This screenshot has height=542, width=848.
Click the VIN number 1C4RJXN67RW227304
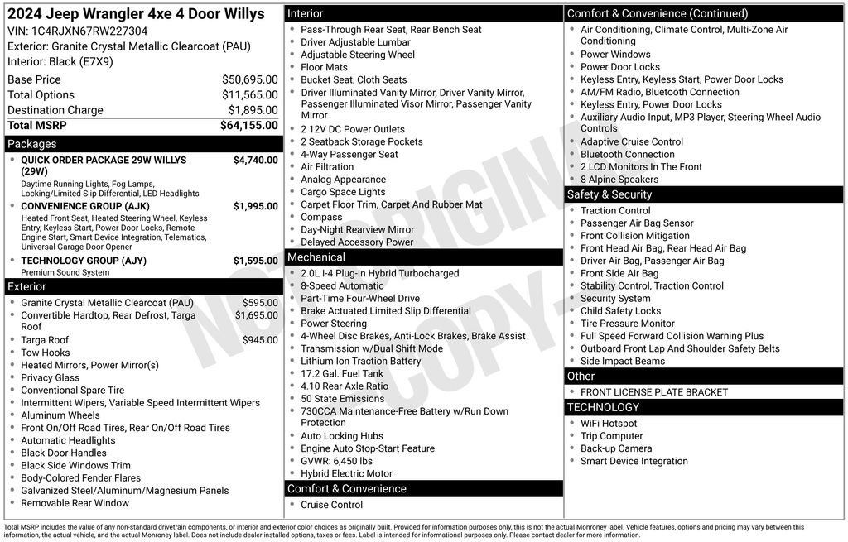pyautogui.click(x=90, y=31)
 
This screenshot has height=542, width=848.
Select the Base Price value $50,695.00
pyautogui.click(x=249, y=79)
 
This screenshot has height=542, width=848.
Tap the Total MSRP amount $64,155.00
pyautogui.click(x=248, y=125)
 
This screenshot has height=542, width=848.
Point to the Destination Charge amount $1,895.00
pyautogui.click(x=253, y=110)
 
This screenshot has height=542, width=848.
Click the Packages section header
pyautogui.click(x=32, y=144)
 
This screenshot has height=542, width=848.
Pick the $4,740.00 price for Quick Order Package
pyautogui.click(x=255, y=160)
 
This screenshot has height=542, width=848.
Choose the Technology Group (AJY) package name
pyautogui.click(x=84, y=261)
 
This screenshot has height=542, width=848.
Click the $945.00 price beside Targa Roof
pyautogui.click(x=260, y=340)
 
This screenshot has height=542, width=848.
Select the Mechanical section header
pyautogui.click(x=316, y=257)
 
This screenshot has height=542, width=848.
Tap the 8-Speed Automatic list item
pyautogui.click(x=342, y=286)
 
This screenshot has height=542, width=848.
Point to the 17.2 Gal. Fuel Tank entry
pyautogui.click(x=342, y=374)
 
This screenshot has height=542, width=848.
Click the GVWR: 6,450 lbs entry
pyautogui.click(x=336, y=461)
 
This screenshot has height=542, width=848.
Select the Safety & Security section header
pyautogui.click(x=609, y=194)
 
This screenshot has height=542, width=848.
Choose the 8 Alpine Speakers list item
pyautogui.click(x=619, y=180)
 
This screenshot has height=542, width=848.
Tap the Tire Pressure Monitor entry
pyautogui.click(x=627, y=324)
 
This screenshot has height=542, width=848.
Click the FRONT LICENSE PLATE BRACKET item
pyautogui.click(x=654, y=392)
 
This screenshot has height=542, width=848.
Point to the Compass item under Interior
pyautogui.click(x=321, y=218)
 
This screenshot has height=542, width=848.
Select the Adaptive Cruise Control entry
pyautogui.click(x=632, y=142)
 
